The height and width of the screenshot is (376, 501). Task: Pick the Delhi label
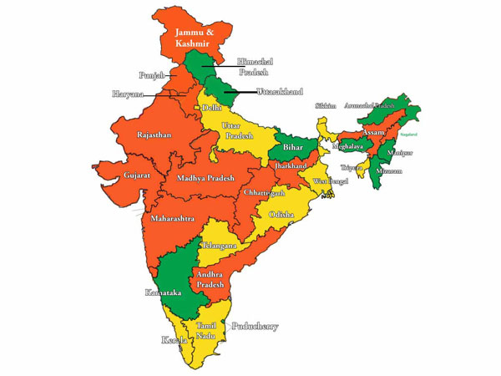point(212,108)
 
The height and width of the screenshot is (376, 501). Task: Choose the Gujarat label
point(114,177)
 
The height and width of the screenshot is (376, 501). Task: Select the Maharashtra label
point(173,218)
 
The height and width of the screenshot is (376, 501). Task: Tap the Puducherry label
point(255,327)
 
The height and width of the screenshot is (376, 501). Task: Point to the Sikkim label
point(326,106)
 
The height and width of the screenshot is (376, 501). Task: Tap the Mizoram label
point(388,170)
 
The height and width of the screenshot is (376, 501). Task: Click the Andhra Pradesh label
point(211,279)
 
